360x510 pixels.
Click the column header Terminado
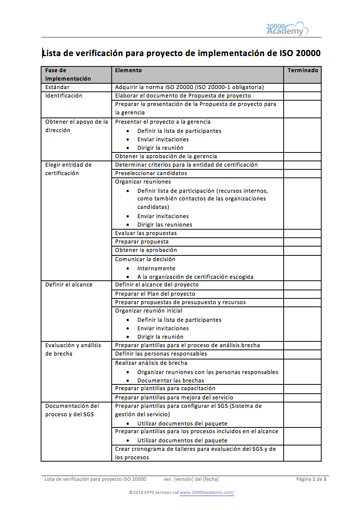pyautogui.click(x=303, y=70)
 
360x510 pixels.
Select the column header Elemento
pyautogui.click(x=128, y=70)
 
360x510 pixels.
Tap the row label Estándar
pyautogui.click(x=57, y=87)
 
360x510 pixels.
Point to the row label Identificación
pyautogui.click(x=64, y=96)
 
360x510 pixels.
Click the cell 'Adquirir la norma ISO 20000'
pyautogui.click(x=189, y=87)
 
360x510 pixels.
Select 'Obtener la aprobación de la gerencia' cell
pyautogui.click(x=166, y=156)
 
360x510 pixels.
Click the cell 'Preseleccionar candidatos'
pyautogui.click(x=151, y=173)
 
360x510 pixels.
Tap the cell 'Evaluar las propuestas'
pyautogui.click(x=146, y=233)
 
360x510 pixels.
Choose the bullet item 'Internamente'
pyautogui.click(x=156, y=268)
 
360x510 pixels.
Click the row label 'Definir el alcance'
pyautogui.click(x=69, y=285)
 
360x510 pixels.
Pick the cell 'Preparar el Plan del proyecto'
pyautogui.click(x=155, y=294)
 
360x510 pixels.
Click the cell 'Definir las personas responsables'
pyautogui.click(x=161, y=354)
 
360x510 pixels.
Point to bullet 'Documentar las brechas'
pyautogui.click(x=170, y=381)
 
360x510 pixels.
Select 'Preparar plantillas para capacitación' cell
pyautogui.click(x=165, y=388)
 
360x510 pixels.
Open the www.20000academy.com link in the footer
pyautogui.click(x=207, y=492)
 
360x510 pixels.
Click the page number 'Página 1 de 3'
pyautogui.click(x=311, y=479)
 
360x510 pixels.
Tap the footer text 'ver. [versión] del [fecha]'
pyautogui.click(x=191, y=479)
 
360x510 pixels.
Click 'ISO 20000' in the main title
pyautogui.click(x=300, y=53)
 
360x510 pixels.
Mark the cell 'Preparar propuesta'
pyautogui.click(x=142, y=242)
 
